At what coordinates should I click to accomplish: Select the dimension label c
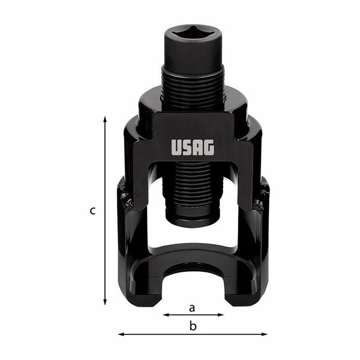click(x=92, y=211)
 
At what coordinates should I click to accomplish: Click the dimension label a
click(x=192, y=308)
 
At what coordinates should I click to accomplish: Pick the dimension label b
click(x=193, y=326)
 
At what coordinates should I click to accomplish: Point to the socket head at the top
click(x=193, y=45)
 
